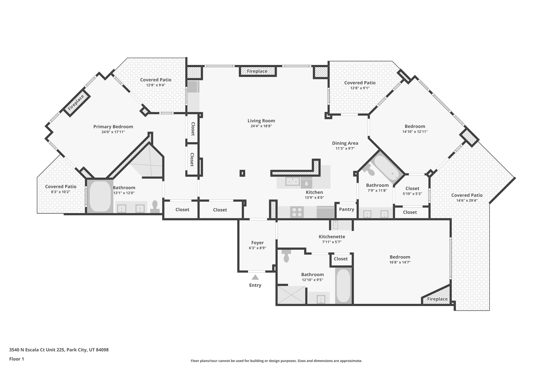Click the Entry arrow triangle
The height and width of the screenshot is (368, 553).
point(255,277)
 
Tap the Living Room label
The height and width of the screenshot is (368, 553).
point(261,121)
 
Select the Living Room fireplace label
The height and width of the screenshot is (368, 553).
point(257,71)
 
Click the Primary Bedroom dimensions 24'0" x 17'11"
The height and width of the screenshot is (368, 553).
point(113,132)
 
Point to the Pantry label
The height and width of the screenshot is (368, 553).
point(346,209)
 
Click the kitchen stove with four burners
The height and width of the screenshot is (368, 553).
point(297,212)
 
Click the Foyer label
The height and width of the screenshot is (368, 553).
point(257,243)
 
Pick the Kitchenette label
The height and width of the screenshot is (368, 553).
point(332,237)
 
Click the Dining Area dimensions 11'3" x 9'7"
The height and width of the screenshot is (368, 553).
point(345,149)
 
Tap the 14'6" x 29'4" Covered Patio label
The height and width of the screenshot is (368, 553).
point(467,195)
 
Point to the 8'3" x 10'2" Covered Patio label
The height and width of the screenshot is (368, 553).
point(61,187)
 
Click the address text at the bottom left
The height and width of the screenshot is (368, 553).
point(59,350)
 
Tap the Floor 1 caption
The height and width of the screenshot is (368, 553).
point(17,359)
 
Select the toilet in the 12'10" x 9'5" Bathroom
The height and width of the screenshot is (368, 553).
point(286,256)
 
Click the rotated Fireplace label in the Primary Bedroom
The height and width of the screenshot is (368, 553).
point(76,102)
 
